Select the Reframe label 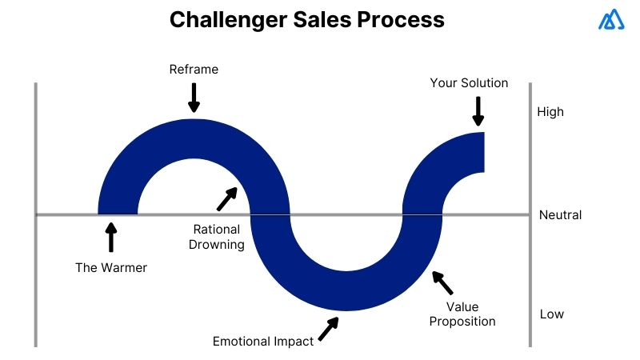(194, 70)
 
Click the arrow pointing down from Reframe (193, 98)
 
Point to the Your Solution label (469, 83)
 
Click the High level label (550, 112)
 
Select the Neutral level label (560, 214)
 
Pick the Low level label (551, 314)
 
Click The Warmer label (111, 267)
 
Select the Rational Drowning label (217, 238)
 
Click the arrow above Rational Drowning (228, 198)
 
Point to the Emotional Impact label (263, 341)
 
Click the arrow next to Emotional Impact (328, 329)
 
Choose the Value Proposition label (462, 314)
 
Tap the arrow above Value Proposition (442, 282)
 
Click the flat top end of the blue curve (484, 152)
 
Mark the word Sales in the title (317, 20)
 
